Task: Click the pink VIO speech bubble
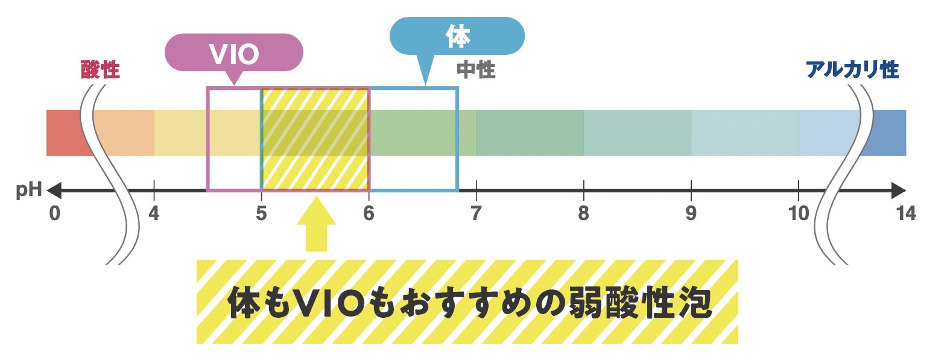tap(234, 54)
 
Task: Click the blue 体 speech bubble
tap(457, 36)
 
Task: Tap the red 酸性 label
tap(100, 70)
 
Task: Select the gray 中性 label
tap(476, 70)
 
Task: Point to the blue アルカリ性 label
tap(852, 70)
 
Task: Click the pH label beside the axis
tap(28, 191)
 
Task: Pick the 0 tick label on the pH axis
tap(55, 213)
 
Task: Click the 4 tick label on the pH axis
tap(154, 213)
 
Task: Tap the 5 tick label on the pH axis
tap(261, 213)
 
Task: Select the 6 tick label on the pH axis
tap(369, 213)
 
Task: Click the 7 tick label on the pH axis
tap(476, 213)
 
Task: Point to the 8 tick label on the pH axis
tap(583, 213)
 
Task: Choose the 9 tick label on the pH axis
tap(691, 213)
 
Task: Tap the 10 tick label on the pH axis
tap(798, 213)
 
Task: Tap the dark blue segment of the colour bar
tap(887, 133)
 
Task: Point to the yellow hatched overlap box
tap(315, 139)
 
